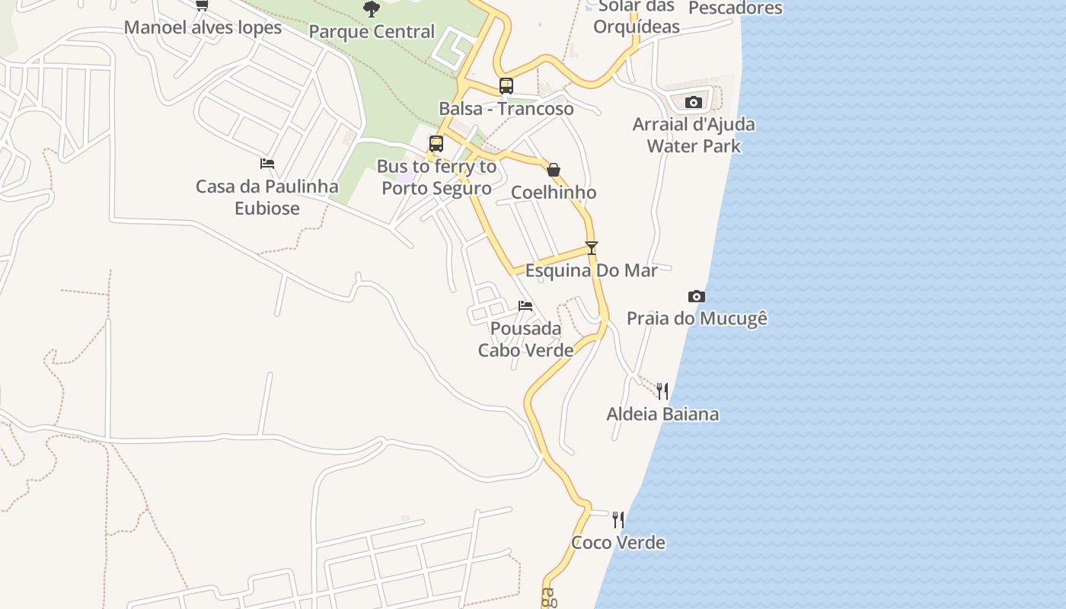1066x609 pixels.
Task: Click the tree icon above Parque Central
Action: click(372, 9)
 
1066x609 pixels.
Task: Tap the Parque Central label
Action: click(372, 32)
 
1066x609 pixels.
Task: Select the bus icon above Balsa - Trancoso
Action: click(506, 86)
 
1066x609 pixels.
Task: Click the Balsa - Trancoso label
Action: click(506, 109)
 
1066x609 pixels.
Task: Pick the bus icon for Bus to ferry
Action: click(436, 144)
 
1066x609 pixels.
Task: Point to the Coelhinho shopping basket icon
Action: click(554, 170)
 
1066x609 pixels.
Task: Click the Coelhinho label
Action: click(554, 193)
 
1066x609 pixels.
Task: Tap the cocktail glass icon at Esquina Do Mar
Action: click(591, 248)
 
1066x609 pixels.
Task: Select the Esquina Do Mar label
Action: click(592, 270)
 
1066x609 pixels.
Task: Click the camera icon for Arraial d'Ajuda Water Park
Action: click(693, 102)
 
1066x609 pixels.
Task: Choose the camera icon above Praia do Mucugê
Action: click(697, 296)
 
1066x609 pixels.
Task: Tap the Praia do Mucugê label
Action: click(697, 318)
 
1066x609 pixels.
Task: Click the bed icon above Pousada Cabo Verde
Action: click(525, 306)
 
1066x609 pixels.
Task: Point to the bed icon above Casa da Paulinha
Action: click(267, 164)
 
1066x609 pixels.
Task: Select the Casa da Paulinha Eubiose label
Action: click(267, 197)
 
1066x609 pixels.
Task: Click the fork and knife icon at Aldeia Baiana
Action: click(662, 391)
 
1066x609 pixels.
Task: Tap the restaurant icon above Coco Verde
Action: click(618, 520)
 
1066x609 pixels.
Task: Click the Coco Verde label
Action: click(618, 543)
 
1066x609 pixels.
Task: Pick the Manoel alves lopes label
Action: click(203, 28)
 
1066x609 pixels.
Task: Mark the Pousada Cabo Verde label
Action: click(525, 340)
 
